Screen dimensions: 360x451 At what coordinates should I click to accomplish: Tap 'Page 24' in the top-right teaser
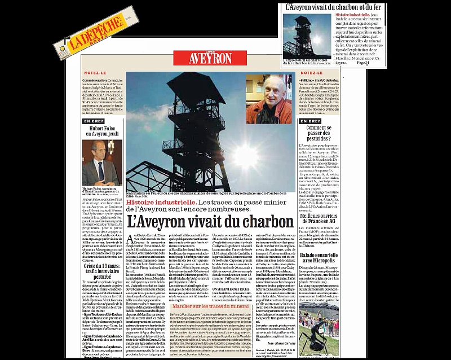[x=395, y=63]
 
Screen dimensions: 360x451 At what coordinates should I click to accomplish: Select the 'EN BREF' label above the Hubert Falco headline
[x=93, y=121]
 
